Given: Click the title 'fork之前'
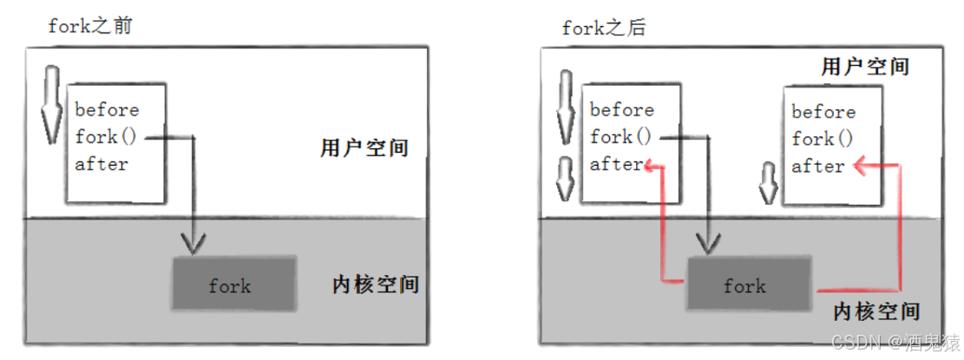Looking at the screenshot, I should coord(91,26).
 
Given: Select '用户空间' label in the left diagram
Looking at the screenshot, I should coord(364,148).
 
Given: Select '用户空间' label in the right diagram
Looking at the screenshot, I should coord(864,66).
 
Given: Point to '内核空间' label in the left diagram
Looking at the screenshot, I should coord(375,284).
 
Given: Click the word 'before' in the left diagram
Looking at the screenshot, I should coord(107,110).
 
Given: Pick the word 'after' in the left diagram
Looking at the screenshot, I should coord(102,164).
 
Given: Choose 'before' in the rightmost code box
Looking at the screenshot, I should coord(823,112).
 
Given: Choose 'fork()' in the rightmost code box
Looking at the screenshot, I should coord(823,139).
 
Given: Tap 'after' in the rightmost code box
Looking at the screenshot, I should coord(818,166).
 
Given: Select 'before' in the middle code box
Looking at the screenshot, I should coord(622,110).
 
